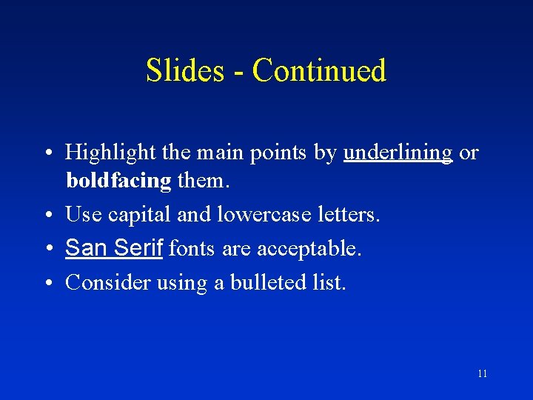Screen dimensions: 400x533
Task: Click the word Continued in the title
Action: click(x=319, y=70)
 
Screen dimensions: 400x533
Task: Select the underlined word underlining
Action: click(x=398, y=153)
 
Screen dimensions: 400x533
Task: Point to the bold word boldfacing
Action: click(x=118, y=181)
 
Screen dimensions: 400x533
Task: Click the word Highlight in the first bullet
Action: click(x=109, y=153)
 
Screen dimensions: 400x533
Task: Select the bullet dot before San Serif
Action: click(x=47, y=249)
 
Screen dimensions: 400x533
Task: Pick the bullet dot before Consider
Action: click(x=47, y=283)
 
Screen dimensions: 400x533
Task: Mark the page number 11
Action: click(x=482, y=373)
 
